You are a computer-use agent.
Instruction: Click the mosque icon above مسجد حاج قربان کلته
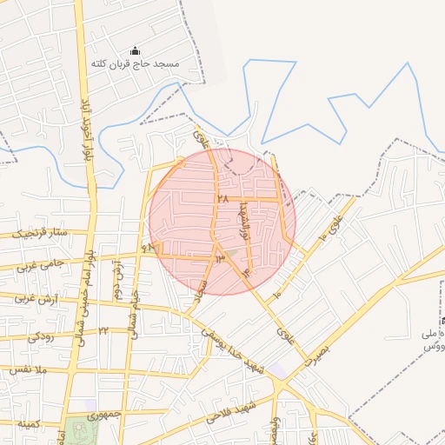[133, 51]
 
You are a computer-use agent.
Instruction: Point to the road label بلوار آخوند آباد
[86, 130]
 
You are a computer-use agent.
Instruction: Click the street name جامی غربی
[34, 263]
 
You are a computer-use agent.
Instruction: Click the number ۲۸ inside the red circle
[222, 199]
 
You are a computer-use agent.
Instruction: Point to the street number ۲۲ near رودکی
[102, 331]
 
